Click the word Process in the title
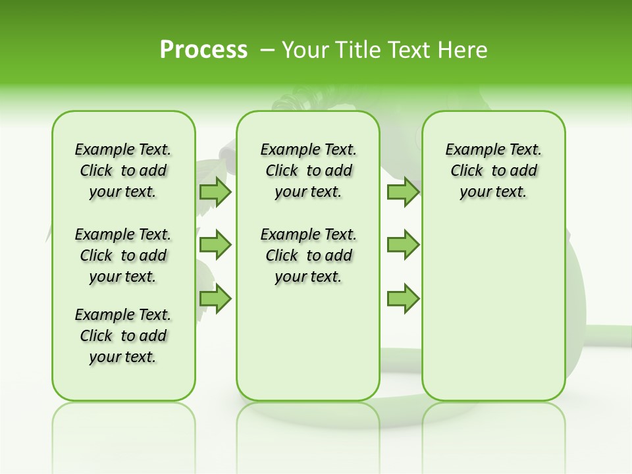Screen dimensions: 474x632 pyautogui.click(x=203, y=50)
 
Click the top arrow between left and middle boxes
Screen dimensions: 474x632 pyautogui.click(x=215, y=192)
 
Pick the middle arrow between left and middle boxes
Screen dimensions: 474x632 pyautogui.click(x=215, y=246)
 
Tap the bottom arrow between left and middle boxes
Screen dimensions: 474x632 pyautogui.click(x=215, y=298)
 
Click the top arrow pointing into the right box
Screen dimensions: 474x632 pyautogui.click(x=403, y=192)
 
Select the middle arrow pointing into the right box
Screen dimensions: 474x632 pyautogui.click(x=403, y=246)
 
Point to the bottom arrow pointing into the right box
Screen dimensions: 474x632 pyautogui.click(x=403, y=298)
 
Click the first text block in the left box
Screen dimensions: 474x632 pyautogui.click(x=123, y=171)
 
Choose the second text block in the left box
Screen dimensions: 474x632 pyautogui.click(x=123, y=255)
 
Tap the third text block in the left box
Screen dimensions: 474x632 pyautogui.click(x=123, y=336)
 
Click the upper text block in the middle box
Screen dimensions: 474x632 pyautogui.click(x=308, y=171)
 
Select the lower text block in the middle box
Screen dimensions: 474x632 pyautogui.click(x=308, y=255)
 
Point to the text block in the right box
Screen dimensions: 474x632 pyautogui.click(x=493, y=171)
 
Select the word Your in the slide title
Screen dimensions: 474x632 pyautogui.click(x=303, y=50)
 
